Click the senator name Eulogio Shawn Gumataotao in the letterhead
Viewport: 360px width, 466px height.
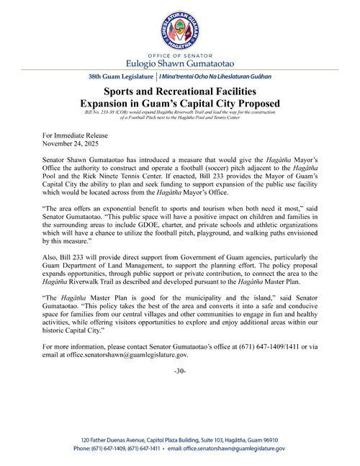(x=179, y=63)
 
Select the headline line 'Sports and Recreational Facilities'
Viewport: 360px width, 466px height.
(x=179, y=92)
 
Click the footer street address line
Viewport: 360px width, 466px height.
(x=179, y=439)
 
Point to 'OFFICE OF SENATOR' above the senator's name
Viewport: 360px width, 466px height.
(x=179, y=55)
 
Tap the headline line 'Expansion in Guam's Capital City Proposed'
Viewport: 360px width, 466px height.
(x=179, y=104)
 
